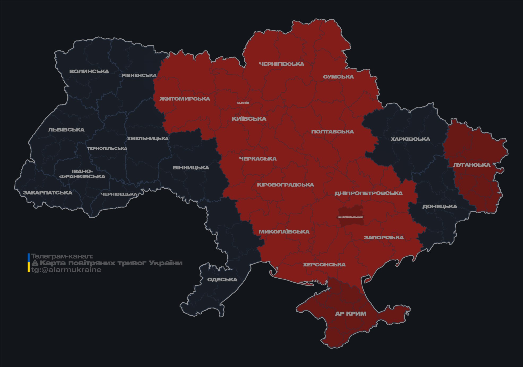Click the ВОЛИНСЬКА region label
(89, 71)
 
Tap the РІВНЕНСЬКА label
(139, 75)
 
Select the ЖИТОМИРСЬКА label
(185, 99)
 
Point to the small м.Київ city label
(243, 103)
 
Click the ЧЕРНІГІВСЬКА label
(282, 64)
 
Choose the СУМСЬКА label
(338, 77)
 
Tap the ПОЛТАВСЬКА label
(332, 132)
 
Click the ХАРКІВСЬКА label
(410, 139)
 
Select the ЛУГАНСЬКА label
(472, 165)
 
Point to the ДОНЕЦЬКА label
(440, 206)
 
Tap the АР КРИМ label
(351, 314)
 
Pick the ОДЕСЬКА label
(222, 279)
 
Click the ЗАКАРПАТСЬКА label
(47, 193)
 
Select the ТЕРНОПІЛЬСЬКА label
(107, 148)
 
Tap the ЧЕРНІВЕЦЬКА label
(119, 194)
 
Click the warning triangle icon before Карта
(35, 263)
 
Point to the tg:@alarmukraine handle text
(66, 270)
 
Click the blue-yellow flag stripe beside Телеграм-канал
(29, 263)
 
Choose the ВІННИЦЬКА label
(191, 168)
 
